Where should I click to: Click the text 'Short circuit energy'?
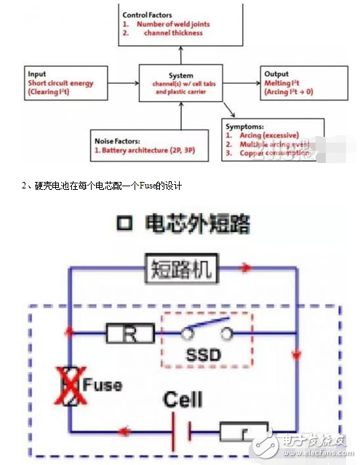[x=60, y=82]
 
